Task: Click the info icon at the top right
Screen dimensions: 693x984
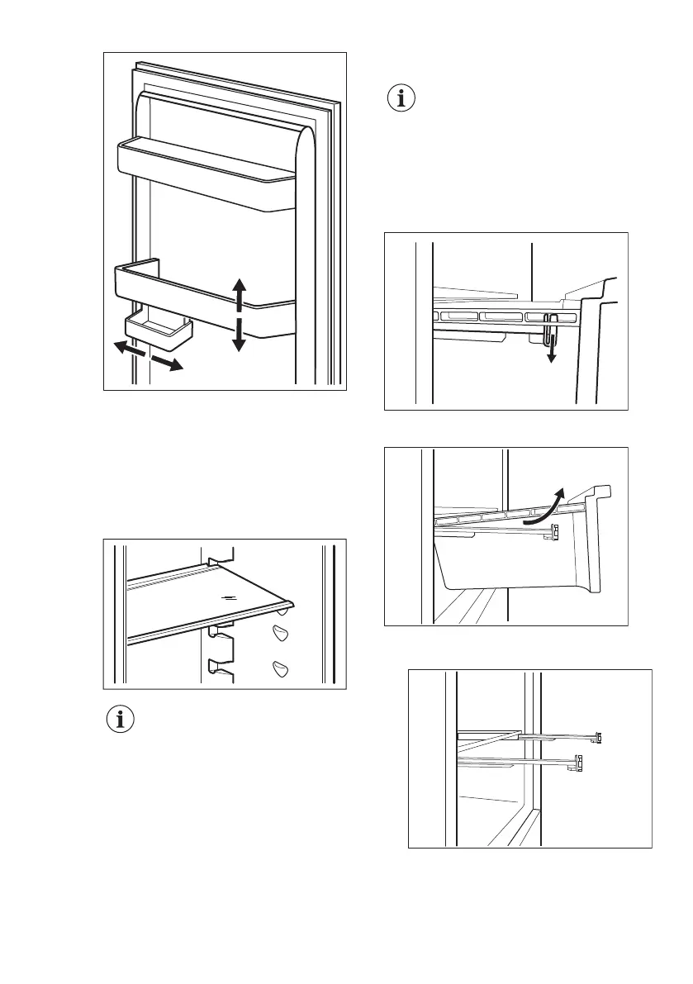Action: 402,99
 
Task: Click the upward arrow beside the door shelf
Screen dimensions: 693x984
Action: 239,295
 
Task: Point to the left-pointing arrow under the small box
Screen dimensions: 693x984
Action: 126,348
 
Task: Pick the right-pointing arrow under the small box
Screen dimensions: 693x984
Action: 168,363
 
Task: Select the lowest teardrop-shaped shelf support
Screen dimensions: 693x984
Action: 280,671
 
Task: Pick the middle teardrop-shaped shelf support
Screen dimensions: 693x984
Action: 279,635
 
